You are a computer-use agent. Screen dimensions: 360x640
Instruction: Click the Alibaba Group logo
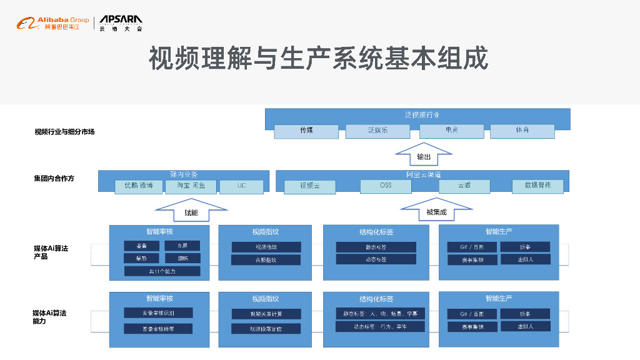pos(52,24)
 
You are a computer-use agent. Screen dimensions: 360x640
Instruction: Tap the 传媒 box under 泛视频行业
pos(306,131)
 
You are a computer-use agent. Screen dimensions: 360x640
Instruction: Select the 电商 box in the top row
pos(451,131)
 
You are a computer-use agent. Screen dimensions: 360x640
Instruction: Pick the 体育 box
pos(522,131)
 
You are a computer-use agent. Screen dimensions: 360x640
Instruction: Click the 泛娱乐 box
pos(377,131)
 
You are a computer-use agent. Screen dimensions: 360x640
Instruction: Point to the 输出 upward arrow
pos(424,154)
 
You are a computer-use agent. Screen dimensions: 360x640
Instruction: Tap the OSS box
pos(386,186)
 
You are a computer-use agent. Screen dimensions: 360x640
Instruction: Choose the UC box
pos(241,186)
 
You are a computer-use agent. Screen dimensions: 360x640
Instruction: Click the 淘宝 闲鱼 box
pos(191,186)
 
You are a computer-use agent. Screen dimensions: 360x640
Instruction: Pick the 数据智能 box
pos(537,186)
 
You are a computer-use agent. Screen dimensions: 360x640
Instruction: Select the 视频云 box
pos(309,186)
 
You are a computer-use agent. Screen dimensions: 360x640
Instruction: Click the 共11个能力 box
pos(162,271)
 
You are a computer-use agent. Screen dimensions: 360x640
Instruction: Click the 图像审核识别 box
pos(158,312)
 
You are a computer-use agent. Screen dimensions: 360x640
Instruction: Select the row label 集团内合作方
pos(54,178)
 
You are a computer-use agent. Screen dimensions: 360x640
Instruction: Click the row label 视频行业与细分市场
pos(64,132)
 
